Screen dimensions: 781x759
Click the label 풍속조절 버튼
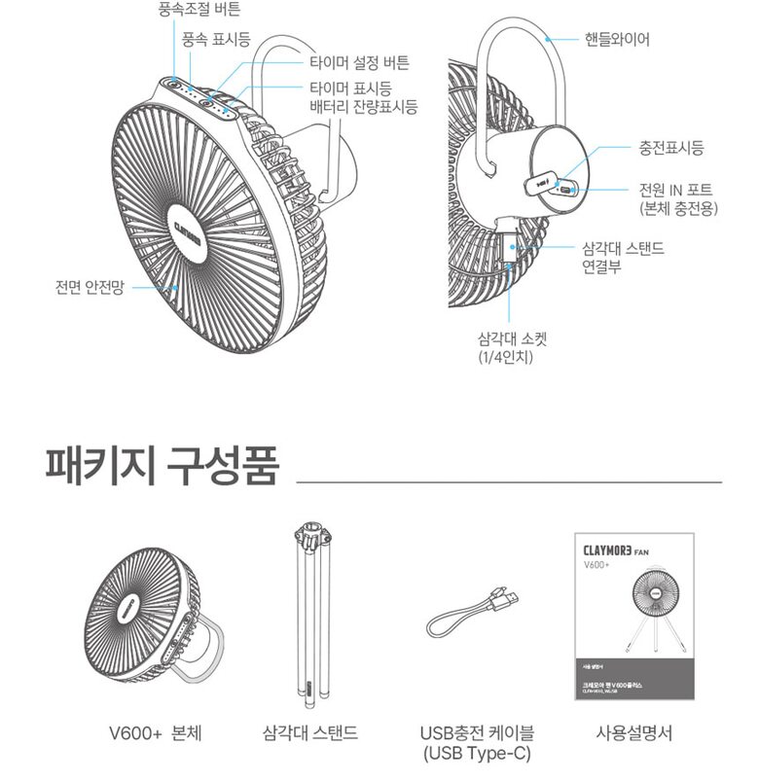coord(199,10)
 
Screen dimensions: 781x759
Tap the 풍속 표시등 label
coord(215,39)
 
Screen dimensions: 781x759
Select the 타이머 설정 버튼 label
coord(359,63)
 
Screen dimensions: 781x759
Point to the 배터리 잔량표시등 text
coord(363,107)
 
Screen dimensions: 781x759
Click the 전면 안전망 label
coord(90,288)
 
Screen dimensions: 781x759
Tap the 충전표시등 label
coord(670,148)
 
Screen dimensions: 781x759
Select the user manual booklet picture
coord(632,615)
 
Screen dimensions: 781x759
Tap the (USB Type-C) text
coord(476,754)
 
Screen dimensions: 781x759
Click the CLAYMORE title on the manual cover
coord(607,549)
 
